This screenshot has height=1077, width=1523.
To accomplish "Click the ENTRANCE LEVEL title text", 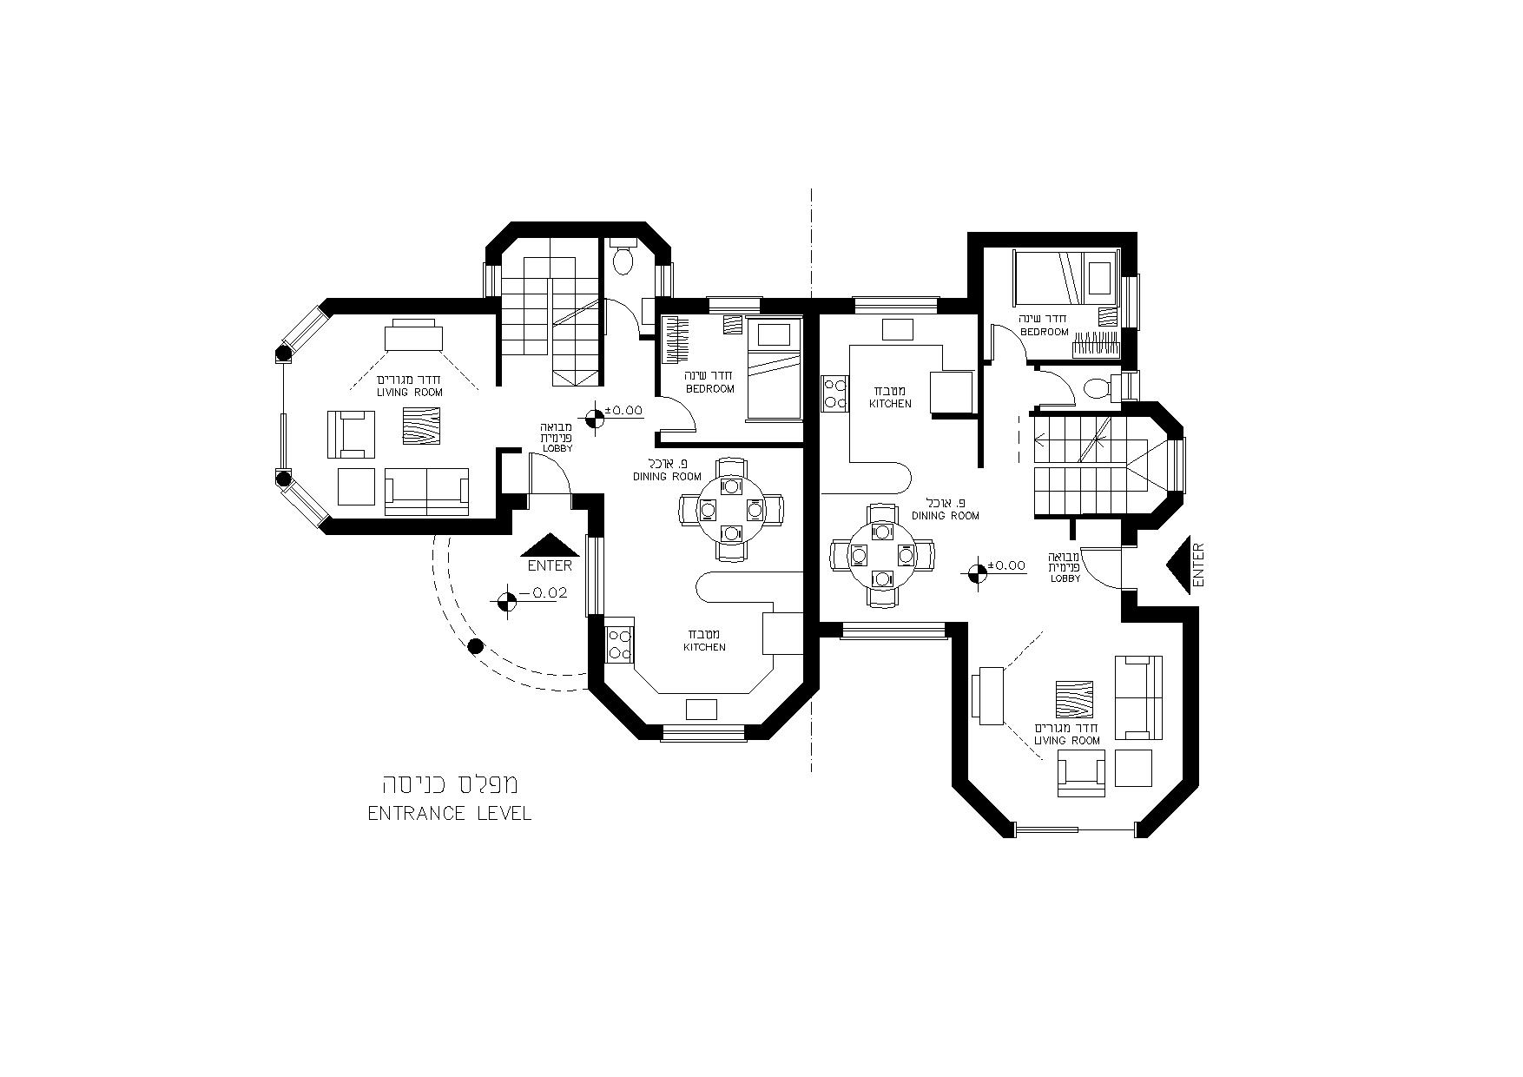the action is coord(449,814).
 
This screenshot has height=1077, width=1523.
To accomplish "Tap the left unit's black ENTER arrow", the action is coord(550,545).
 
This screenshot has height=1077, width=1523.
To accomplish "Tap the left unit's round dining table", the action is coord(732,508).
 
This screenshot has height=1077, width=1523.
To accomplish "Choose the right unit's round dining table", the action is coord(882,554).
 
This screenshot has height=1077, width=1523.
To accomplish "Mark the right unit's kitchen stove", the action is coord(834,392).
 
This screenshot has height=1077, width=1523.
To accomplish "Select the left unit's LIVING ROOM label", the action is coord(410,393).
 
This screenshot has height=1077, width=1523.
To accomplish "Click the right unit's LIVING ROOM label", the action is coord(1067,741).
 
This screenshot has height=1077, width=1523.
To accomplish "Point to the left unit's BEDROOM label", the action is coord(710,388).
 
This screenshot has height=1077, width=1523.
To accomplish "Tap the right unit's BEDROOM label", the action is coord(1045,332).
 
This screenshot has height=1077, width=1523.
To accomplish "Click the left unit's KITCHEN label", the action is coord(704,647).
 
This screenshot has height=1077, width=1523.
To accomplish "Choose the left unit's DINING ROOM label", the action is coord(667,477).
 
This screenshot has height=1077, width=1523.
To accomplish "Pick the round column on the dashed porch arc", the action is coord(475,646).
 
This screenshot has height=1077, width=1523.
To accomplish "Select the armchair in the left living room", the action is coord(351,434).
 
